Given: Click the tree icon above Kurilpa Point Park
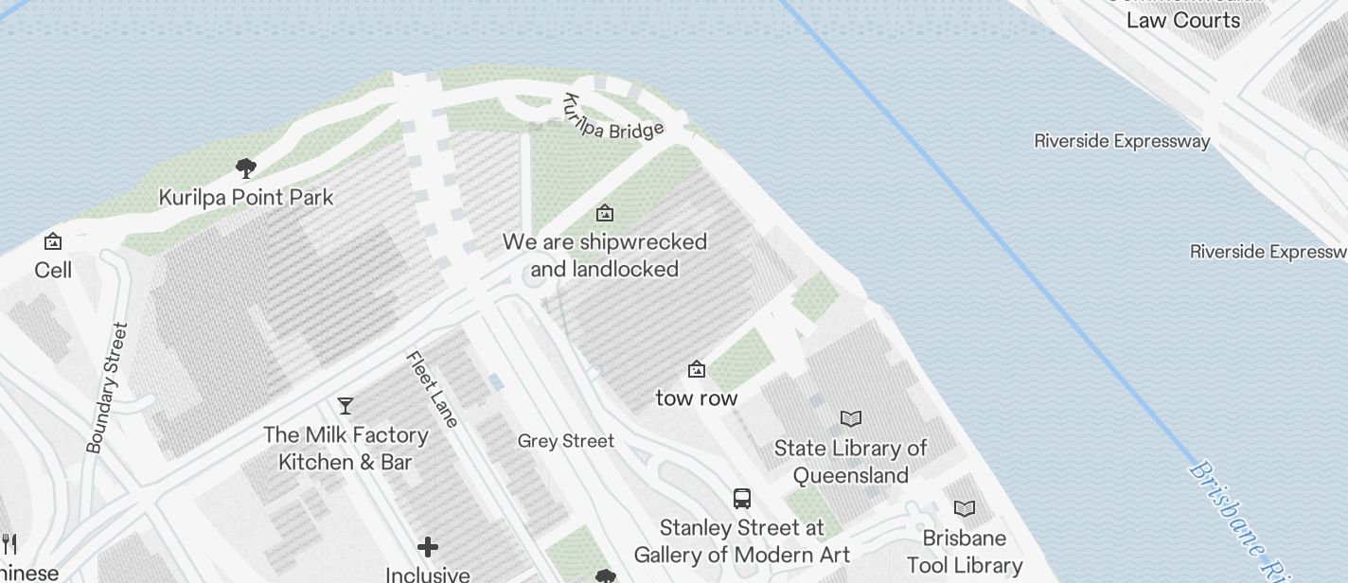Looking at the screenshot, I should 246,169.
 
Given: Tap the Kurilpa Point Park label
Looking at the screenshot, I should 246,198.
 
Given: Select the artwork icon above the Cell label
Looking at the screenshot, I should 53,242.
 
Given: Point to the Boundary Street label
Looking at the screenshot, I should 106,388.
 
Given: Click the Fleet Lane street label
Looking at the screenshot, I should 433,389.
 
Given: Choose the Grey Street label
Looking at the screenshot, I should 566,441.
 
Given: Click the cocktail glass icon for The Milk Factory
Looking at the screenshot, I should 346,406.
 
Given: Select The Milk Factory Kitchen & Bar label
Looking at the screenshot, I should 346,449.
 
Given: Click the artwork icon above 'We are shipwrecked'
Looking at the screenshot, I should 604,214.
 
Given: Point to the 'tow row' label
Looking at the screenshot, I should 697,398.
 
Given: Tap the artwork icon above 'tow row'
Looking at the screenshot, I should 697,369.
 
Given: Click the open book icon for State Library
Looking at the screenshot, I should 851,418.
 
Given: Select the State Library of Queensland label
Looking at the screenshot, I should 851,461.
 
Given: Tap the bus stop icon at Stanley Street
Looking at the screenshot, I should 742,499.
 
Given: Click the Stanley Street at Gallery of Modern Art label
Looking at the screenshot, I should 742,540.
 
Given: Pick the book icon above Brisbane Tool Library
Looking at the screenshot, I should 965,509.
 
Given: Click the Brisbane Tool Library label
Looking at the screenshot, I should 965,552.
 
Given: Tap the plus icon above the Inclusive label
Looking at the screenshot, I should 428,547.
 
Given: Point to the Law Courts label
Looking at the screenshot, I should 1182,20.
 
